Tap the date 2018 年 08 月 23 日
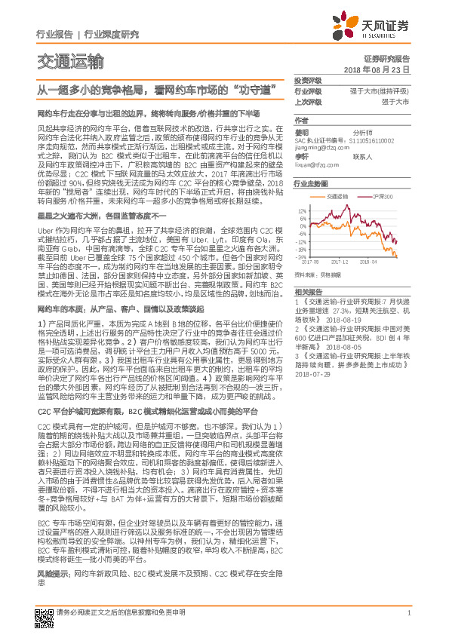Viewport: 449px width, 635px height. (381, 69)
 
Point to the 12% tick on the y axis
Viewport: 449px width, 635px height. (302, 210)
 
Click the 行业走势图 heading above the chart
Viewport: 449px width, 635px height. (310, 183)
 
